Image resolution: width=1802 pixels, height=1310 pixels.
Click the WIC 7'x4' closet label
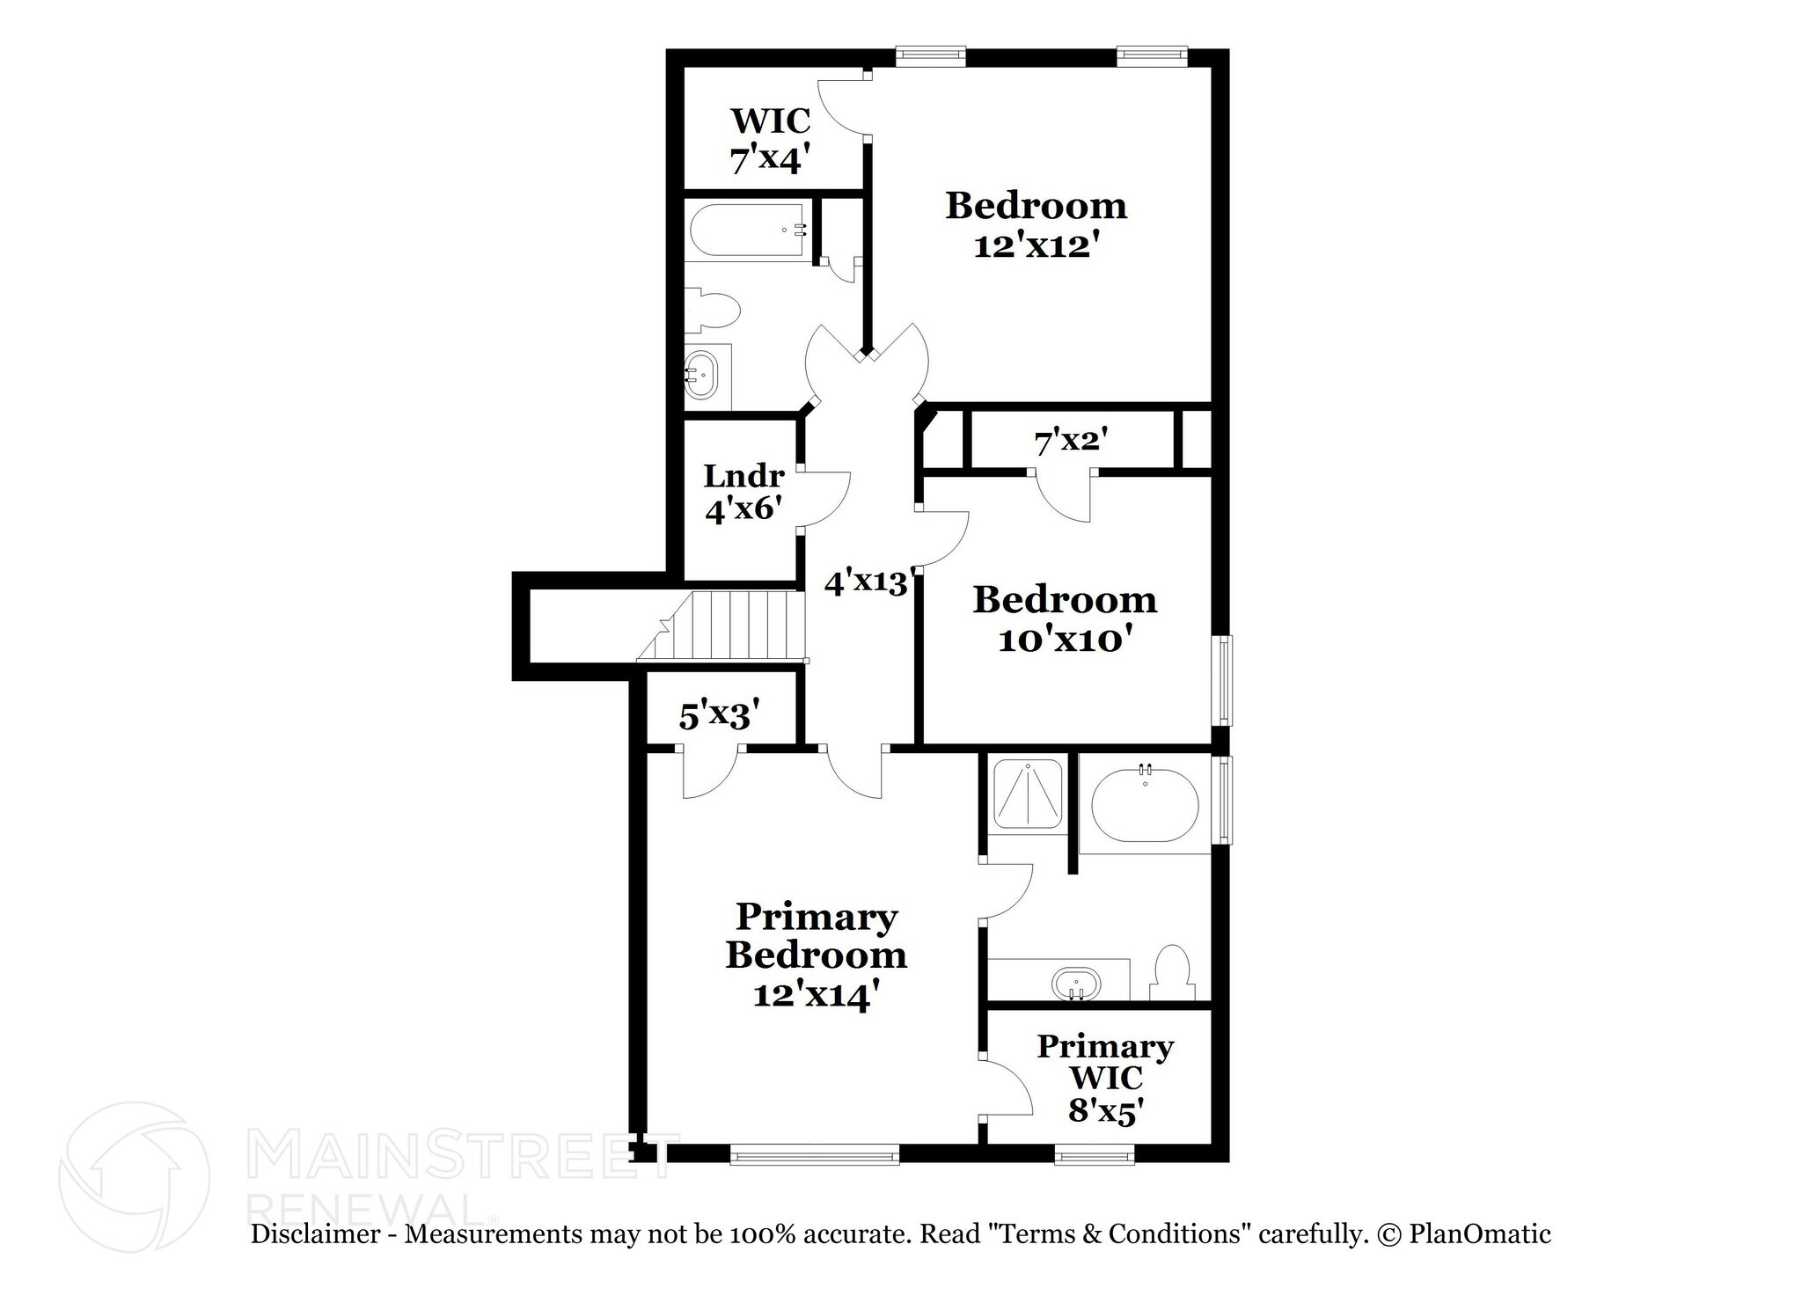coord(769,140)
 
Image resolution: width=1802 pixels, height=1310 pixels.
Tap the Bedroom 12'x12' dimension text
coord(1037,245)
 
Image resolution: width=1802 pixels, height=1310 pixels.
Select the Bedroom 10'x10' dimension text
coord(1063,640)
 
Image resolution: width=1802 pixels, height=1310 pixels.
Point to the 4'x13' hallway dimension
coord(865,582)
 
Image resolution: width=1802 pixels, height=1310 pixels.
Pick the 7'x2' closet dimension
coord(1070,442)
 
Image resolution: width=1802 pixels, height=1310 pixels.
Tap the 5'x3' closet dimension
coord(719,716)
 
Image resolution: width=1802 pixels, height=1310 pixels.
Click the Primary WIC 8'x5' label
coord(1104,1079)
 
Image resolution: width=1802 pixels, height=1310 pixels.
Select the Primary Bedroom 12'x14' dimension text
coord(816,995)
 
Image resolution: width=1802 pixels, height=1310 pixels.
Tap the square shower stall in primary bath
coord(1027,794)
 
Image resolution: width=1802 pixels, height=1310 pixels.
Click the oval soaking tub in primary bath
coord(1144,805)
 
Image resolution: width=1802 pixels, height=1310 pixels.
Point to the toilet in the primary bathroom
coord(1172,975)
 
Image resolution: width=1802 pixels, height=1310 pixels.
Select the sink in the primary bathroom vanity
coord(1075,983)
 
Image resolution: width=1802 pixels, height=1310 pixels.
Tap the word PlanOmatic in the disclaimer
coord(1480,1234)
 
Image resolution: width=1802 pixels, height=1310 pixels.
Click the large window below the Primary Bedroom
coord(815,1153)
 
